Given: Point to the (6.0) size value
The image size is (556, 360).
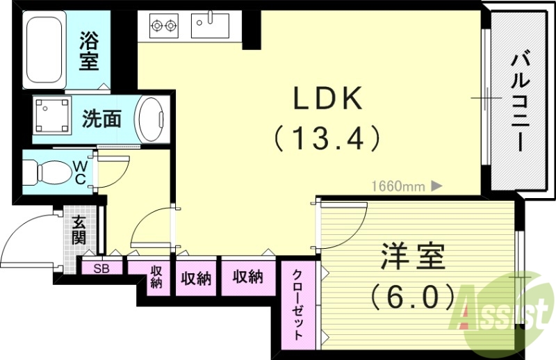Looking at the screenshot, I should (x=412, y=298).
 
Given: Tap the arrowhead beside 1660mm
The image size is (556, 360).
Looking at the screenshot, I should (x=436, y=186).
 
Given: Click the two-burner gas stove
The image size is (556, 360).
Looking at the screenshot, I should (x=164, y=26).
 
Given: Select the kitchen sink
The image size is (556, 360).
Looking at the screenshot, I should (x=211, y=26).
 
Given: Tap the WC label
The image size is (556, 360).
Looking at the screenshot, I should (x=80, y=172).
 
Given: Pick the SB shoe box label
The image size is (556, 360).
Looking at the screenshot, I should (x=101, y=268).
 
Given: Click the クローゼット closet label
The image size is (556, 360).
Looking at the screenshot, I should (x=297, y=304).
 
